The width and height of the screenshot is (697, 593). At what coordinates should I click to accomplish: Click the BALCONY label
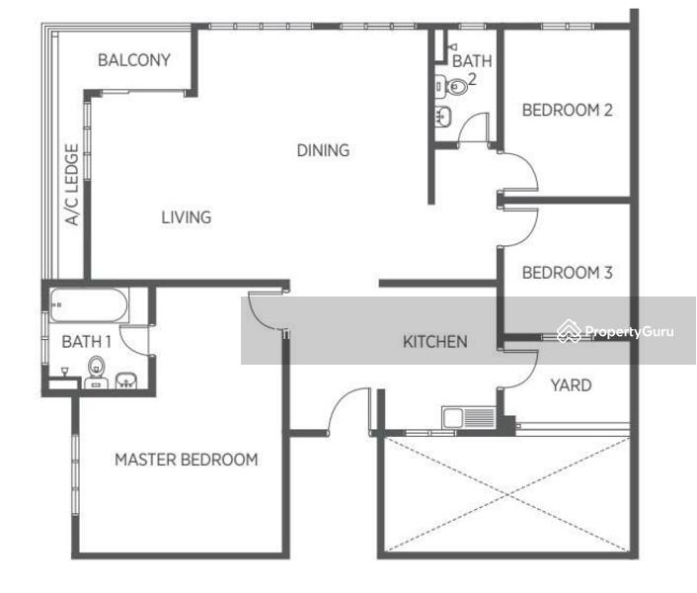pyautogui.click(x=134, y=60)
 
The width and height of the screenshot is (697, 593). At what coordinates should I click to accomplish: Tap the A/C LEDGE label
pyautogui.click(x=72, y=184)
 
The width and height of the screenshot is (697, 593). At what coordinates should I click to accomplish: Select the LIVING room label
pyautogui.click(x=186, y=217)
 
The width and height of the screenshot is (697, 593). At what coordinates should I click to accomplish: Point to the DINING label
pyautogui.click(x=323, y=150)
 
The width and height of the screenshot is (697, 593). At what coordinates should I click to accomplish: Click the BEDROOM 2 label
pyautogui.click(x=568, y=110)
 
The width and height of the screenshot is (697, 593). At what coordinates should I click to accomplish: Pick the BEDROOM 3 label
pyautogui.click(x=568, y=273)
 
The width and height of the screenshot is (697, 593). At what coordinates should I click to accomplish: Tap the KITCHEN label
pyautogui.click(x=434, y=342)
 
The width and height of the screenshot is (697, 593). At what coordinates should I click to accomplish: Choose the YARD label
pyautogui.click(x=572, y=385)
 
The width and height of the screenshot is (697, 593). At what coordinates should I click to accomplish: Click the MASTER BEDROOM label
pyautogui.click(x=187, y=460)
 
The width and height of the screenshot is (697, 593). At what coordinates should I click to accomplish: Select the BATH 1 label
pyautogui.click(x=86, y=342)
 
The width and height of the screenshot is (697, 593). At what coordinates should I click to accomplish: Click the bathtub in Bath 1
pyautogui.click(x=89, y=305)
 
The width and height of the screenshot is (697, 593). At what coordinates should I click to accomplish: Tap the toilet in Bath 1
pyautogui.click(x=96, y=373)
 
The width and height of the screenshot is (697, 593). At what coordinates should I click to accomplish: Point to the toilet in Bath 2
pyautogui.click(x=451, y=85)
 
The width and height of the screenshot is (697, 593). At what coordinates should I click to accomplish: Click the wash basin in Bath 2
pyautogui.click(x=443, y=117)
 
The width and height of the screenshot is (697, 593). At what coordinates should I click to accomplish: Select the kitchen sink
pyautogui.click(x=469, y=417)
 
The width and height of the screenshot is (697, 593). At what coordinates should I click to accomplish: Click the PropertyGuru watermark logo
pyautogui.click(x=569, y=331)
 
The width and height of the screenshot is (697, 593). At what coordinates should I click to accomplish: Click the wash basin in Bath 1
pyautogui.click(x=126, y=381)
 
